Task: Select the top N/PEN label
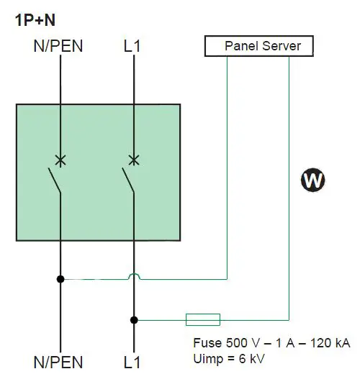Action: [58, 47]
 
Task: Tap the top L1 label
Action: [133, 47]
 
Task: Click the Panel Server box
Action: [258, 47]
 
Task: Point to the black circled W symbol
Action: [312, 181]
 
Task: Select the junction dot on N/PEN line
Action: [60, 278]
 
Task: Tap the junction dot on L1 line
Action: [133, 319]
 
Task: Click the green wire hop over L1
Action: [133, 275]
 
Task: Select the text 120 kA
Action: [330, 342]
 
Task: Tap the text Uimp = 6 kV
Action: [230, 357]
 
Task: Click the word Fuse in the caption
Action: [207, 342]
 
